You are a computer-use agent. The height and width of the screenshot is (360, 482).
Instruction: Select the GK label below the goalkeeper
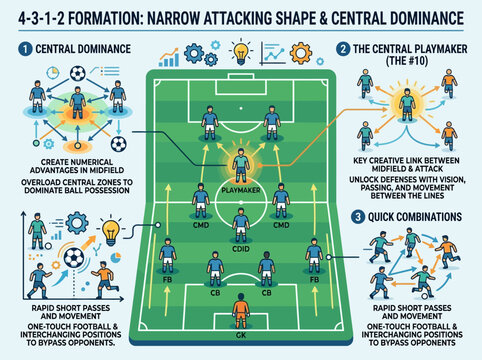(x=240, y=322)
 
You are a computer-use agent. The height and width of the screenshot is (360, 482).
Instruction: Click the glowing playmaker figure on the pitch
(x=240, y=163)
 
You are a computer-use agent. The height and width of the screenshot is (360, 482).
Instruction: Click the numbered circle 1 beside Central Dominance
(x=23, y=48)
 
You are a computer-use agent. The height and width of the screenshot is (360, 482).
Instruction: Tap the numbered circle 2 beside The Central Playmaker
(x=344, y=48)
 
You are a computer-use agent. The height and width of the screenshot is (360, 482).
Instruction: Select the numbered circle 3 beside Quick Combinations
(x=358, y=216)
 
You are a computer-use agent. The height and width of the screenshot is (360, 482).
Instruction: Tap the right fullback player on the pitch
(x=314, y=257)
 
